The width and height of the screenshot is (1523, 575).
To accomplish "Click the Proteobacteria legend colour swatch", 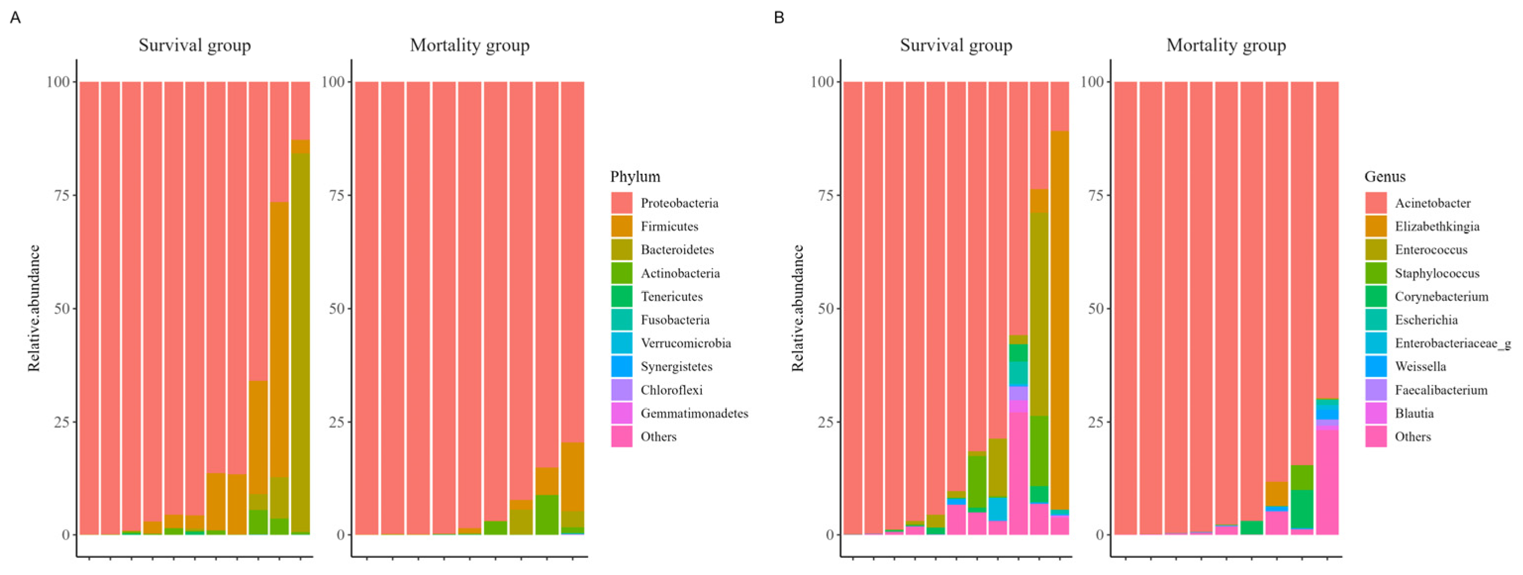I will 621,203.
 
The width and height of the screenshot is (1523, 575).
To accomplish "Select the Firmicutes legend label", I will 669,226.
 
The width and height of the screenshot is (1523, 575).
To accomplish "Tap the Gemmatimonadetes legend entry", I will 694,413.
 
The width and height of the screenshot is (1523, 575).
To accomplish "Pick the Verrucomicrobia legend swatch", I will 621,343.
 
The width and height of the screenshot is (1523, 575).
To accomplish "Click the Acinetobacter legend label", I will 1432,203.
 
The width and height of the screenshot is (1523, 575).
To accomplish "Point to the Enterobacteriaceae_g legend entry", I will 1452,343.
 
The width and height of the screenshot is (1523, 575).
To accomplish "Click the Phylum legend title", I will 635,176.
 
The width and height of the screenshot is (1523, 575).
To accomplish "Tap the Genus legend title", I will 1384,176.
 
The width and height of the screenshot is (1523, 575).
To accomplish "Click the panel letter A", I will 15,18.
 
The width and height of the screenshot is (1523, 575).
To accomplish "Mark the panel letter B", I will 779,18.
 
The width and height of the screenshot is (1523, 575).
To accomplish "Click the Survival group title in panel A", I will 195,46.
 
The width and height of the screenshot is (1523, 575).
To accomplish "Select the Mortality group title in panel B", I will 1226,46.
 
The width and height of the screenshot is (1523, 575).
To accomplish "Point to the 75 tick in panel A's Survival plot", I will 61,195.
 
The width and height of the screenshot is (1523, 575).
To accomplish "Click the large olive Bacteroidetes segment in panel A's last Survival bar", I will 300,343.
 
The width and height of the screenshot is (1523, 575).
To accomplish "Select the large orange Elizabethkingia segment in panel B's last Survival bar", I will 1060,319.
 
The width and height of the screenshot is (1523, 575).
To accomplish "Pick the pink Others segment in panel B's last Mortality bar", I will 1327,481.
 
